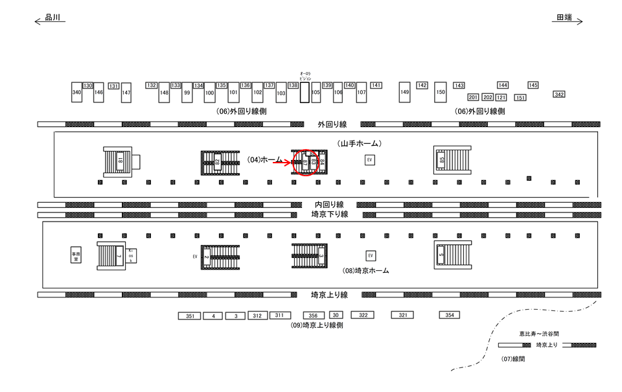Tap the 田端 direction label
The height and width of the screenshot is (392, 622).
pyautogui.click(x=564, y=18)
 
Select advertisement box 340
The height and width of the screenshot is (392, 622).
pyautogui.click(x=76, y=93)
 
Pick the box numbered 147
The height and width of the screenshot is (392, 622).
pyautogui.click(x=126, y=93)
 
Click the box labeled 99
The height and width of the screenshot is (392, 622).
pyautogui.click(x=187, y=93)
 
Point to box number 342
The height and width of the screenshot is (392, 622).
pyautogui.click(x=559, y=95)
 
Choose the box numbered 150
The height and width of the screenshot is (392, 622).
pyautogui.click(x=441, y=93)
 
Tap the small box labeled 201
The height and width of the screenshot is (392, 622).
pyautogui.click(x=473, y=97)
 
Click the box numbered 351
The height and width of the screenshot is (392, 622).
pyautogui.click(x=189, y=316)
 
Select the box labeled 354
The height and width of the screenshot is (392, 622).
pyautogui.click(x=449, y=315)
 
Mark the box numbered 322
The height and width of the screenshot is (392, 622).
pyautogui.click(x=363, y=315)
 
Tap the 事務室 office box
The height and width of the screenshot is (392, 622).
pyautogui.click(x=76, y=255)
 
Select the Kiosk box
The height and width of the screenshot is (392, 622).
pyautogui.click(x=130, y=256)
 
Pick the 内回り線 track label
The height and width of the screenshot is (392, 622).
pyautogui.click(x=329, y=205)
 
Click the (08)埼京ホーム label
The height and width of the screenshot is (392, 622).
pyautogui.click(x=365, y=271)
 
